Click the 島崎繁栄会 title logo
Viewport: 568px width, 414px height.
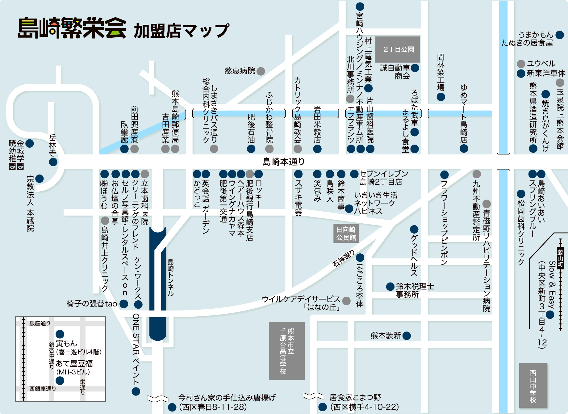tap(72, 28)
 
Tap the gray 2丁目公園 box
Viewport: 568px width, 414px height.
tap(398, 49)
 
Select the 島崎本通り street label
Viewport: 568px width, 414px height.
tap(283, 162)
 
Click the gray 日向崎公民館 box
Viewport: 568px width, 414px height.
tap(346, 234)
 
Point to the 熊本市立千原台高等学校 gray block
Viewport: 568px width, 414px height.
tap(286, 351)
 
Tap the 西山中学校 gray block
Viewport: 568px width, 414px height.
tap(533, 386)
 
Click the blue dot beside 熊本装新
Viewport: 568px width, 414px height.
tap(407, 336)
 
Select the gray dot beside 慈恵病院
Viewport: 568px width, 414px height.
tap(261, 71)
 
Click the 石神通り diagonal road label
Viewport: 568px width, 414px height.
tap(343, 259)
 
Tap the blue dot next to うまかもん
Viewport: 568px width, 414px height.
tap(560, 35)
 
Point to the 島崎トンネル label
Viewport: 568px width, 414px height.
tap(170, 277)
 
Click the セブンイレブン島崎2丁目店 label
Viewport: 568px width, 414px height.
tap(384, 178)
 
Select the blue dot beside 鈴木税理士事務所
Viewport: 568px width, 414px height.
tap(390, 286)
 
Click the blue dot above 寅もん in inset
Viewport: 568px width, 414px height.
tap(60, 334)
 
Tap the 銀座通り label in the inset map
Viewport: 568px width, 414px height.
tap(40, 323)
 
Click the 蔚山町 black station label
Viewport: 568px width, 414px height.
tap(560, 258)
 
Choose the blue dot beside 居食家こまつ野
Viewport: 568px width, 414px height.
tap(323, 407)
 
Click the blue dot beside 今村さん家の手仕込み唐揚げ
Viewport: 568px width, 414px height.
tap(172, 407)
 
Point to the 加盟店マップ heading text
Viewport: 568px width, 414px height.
tap(182, 31)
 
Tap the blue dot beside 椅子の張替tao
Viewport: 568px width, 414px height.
tap(124, 304)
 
